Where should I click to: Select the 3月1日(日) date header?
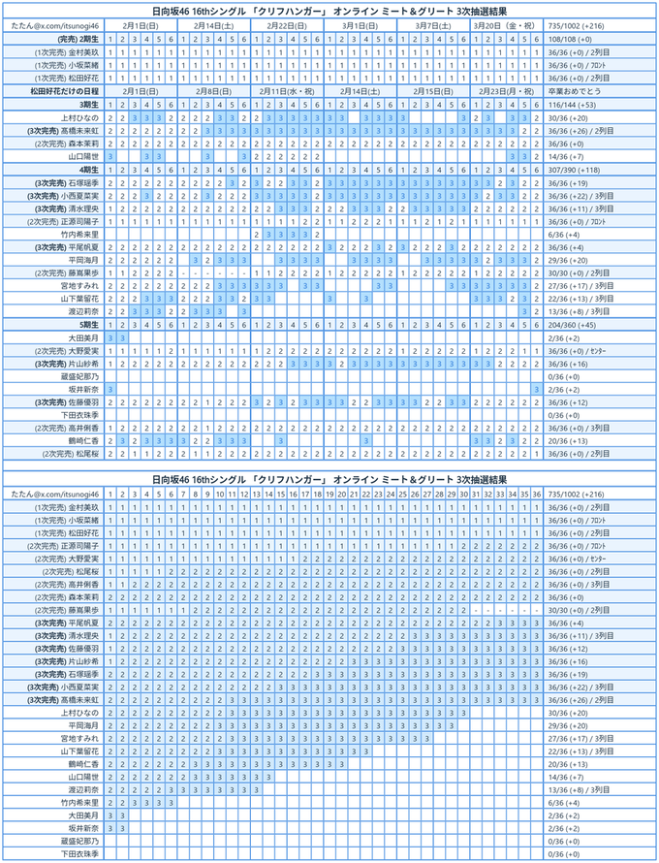coord(360,23)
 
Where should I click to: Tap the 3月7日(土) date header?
coord(432,23)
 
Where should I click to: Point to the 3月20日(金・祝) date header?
coord(506,23)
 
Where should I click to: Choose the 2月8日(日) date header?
coord(213,90)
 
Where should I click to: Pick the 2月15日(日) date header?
coord(432,90)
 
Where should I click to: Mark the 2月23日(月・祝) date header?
coord(506,90)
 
